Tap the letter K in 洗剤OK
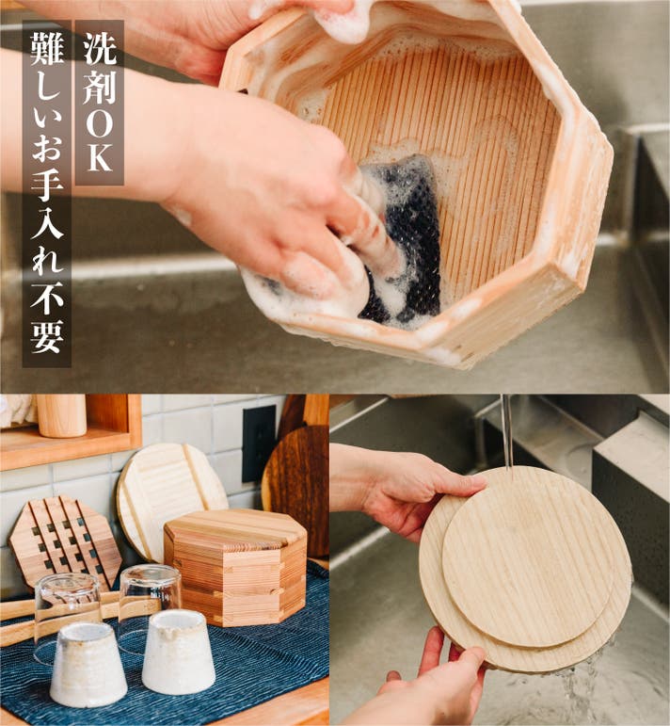coord(100,158)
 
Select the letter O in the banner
coord(99,123)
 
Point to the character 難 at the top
coord(47,49)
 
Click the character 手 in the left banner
coord(47,186)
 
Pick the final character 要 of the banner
coord(47,336)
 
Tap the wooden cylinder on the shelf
coord(61,415)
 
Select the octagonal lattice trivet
coord(65,541)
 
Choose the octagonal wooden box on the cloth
coord(237,566)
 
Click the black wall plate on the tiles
coord(259,444)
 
